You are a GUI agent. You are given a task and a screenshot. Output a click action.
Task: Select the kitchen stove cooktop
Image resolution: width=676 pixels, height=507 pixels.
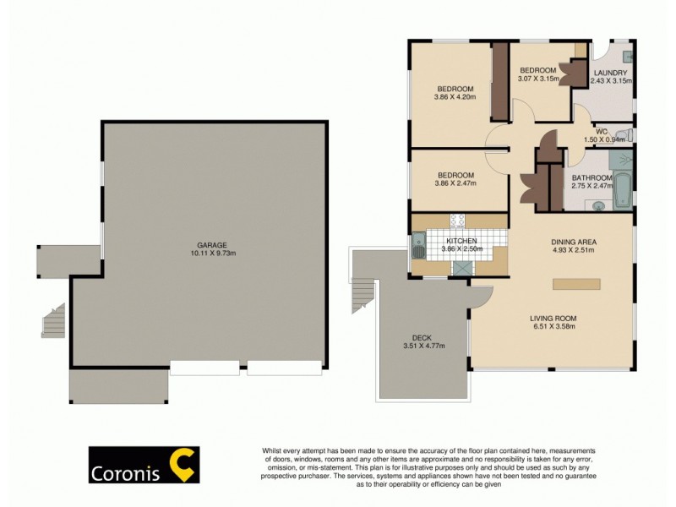[x=457, y=222]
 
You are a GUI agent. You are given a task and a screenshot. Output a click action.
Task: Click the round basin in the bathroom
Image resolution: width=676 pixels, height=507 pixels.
[x=599, y=204]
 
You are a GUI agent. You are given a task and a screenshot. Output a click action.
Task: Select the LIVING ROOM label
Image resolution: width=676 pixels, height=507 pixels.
[x=553, y=318]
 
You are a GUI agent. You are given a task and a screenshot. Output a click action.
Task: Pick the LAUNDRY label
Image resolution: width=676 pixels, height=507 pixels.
[x=610, y=73]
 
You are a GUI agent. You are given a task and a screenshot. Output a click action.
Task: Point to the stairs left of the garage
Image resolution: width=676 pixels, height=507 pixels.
[x=53, y=321]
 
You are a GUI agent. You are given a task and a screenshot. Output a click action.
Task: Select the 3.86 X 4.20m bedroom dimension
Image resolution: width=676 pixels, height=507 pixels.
[x=455, y=97]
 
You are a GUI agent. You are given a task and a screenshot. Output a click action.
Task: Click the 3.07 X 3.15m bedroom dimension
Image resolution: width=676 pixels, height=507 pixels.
[x=538, y=79]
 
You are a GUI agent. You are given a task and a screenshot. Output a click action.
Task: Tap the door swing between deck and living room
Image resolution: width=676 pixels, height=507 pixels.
[x=479, y=297]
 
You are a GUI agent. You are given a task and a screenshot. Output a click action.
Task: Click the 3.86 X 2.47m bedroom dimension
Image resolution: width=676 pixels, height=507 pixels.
[x=455, y=183]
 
